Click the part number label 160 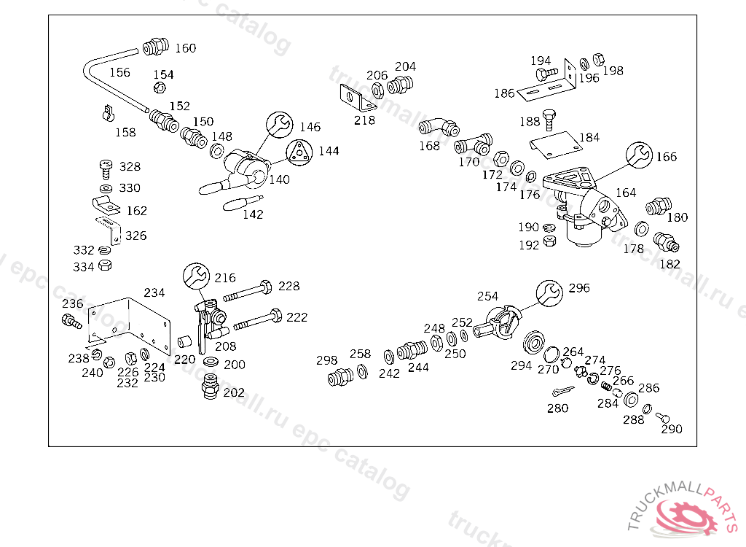click(186, 48)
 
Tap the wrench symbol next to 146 click(278, 125)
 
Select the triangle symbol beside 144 click(299, 152)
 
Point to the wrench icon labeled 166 click(640, 155)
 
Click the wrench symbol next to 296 click(549, 292)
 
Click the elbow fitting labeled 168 click(438, 128)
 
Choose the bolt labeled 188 click(550, 121)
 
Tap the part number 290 click(671, 429)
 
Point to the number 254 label click(487, 296)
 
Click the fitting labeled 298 click(340, 377)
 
